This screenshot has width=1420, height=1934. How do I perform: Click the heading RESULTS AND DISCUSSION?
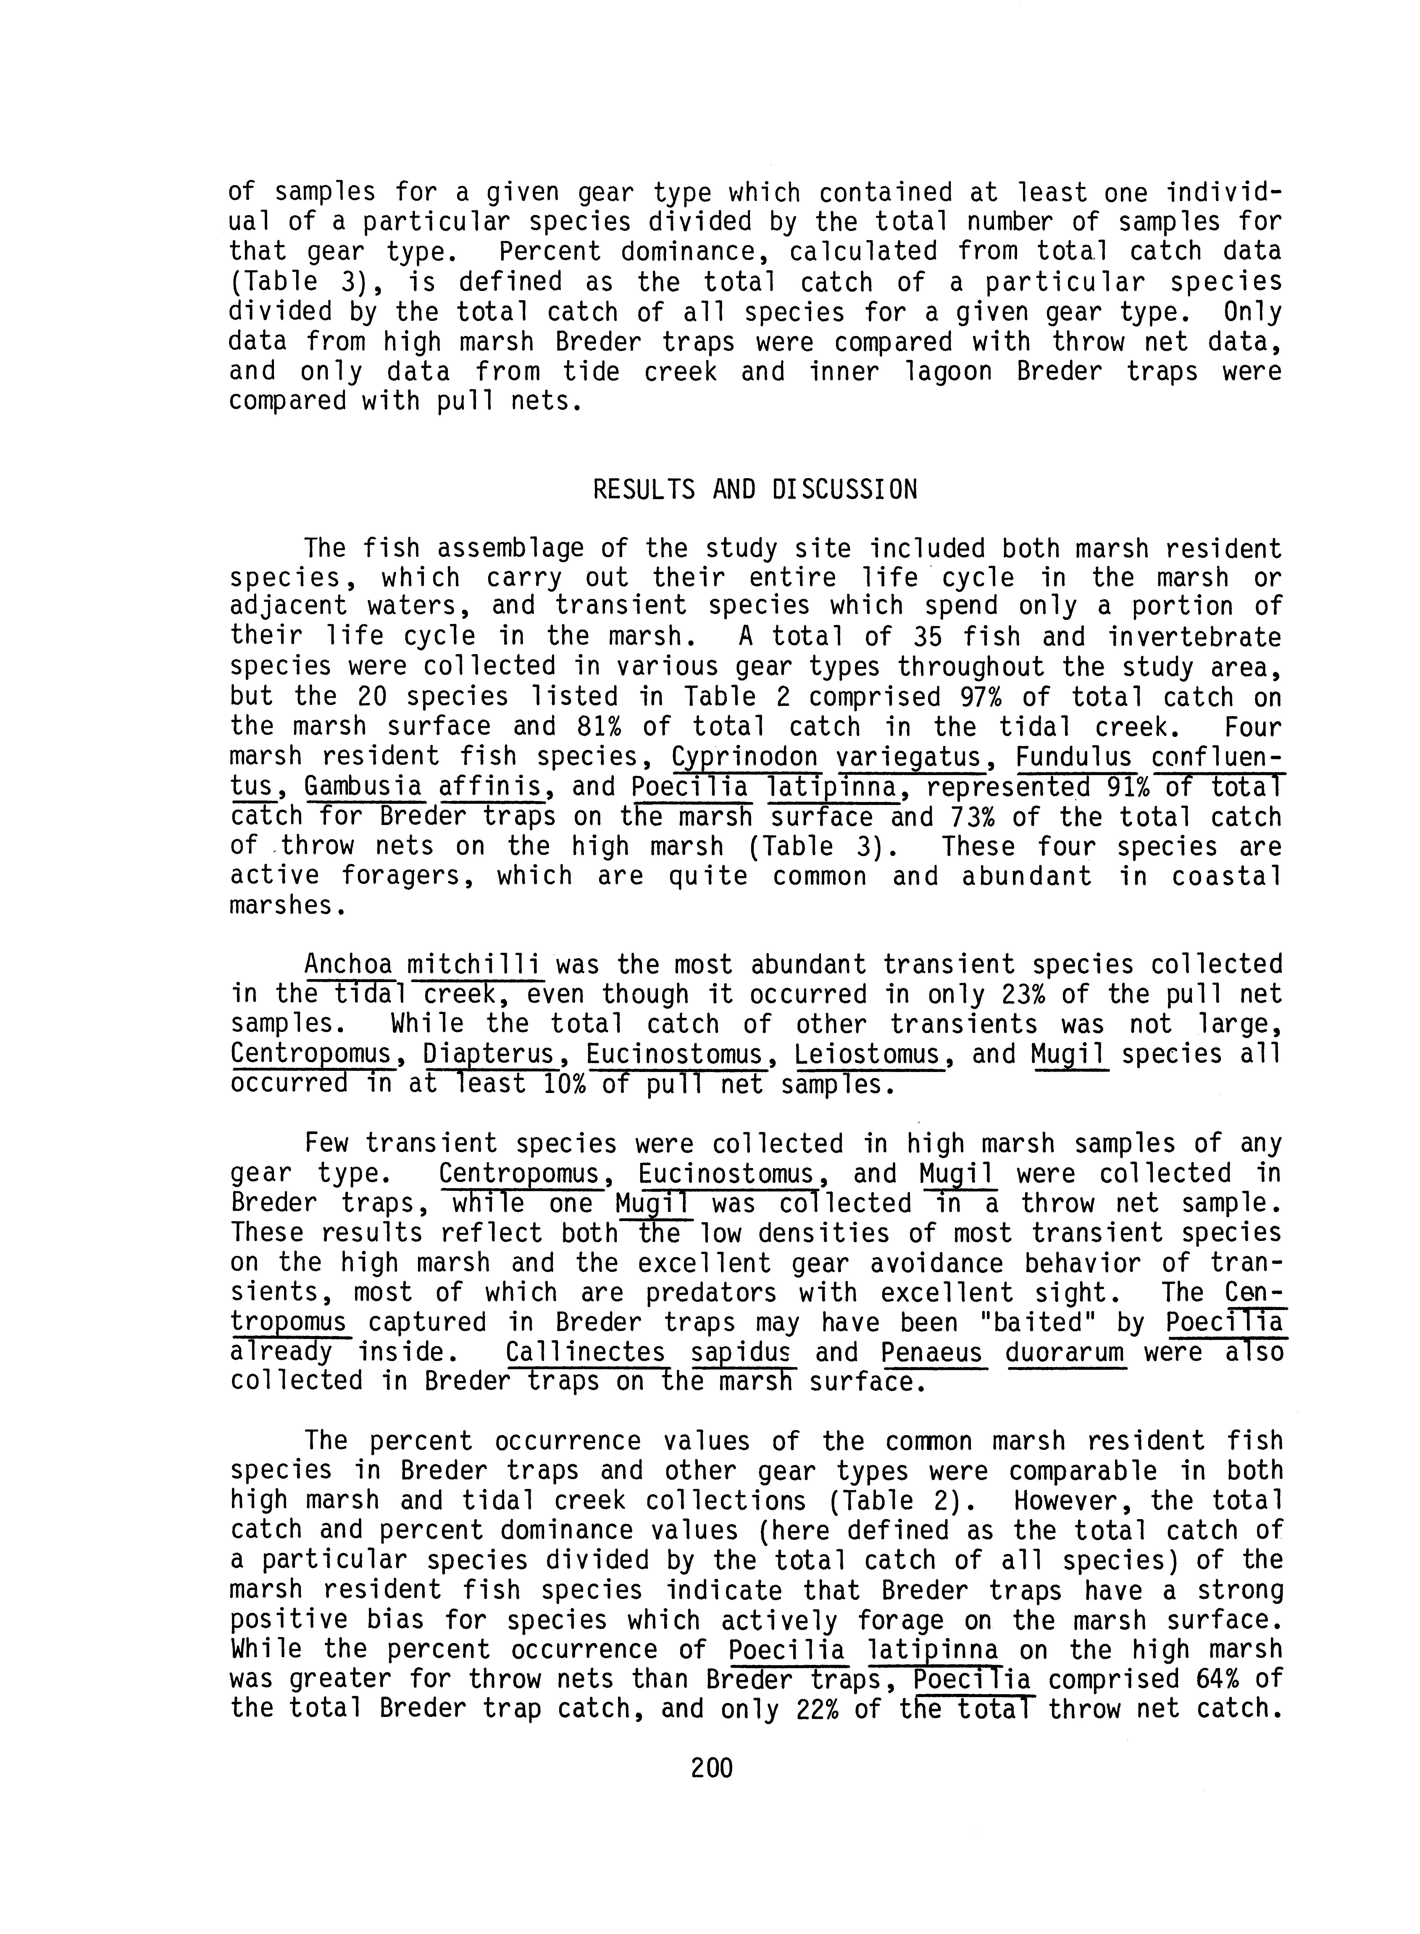(x=755, y=490)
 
